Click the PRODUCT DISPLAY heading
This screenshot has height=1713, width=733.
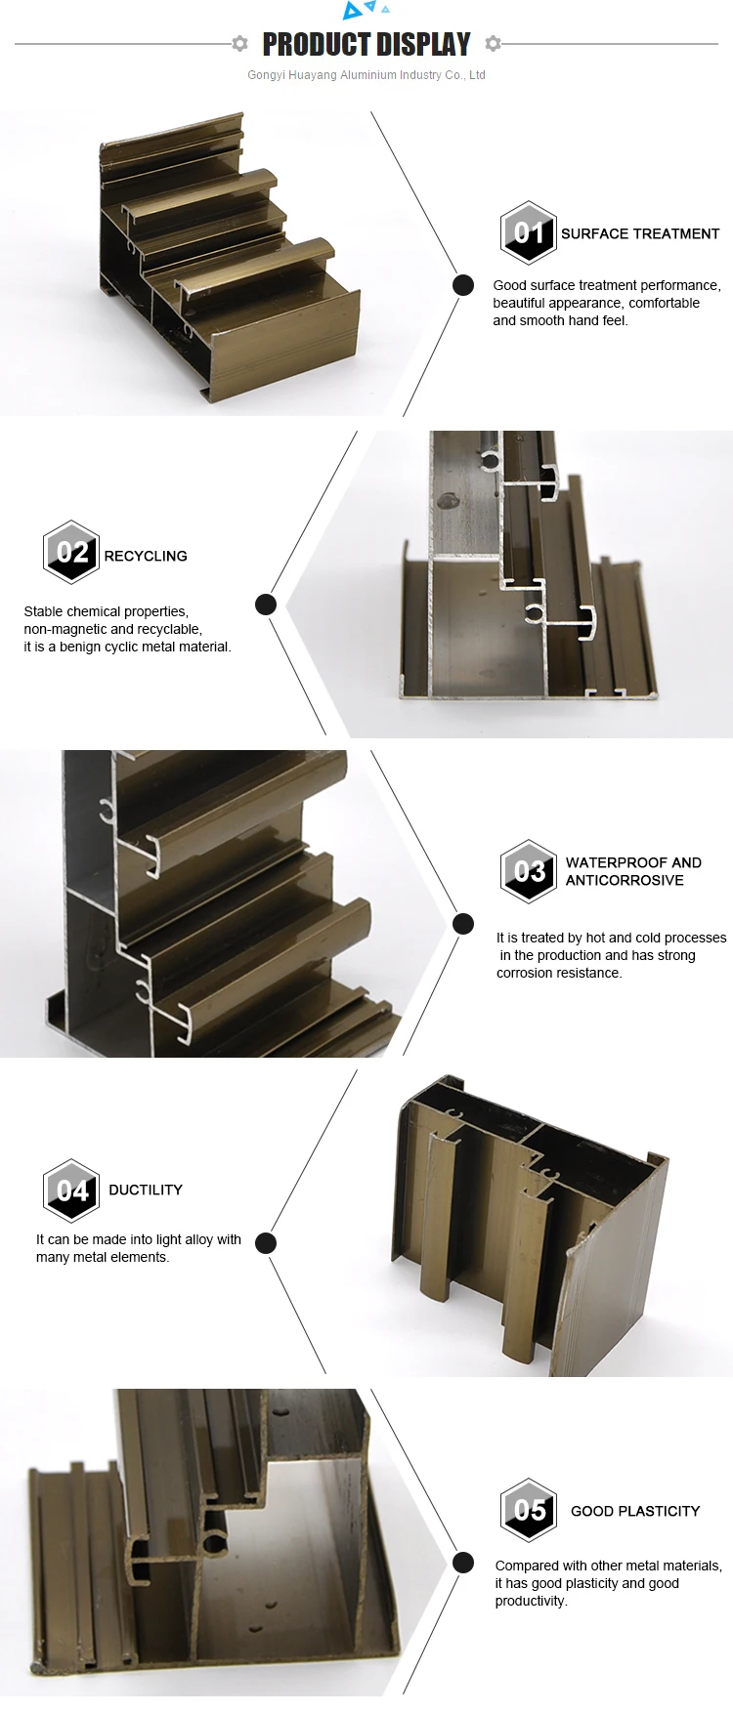point(366,44)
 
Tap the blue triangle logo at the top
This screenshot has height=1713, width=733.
point(364,10)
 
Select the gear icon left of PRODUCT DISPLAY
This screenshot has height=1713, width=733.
point(239,43)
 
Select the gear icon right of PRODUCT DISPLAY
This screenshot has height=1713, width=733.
point(494,43)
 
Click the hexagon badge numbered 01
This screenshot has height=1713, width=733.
point(528,232)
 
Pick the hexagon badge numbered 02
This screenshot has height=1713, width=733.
point(71,552)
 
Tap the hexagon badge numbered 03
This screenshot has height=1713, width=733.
point(529,870)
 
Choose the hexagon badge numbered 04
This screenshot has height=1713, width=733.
point(71,1191)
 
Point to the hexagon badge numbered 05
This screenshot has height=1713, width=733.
point(529,1510)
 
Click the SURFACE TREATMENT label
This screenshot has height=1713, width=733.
point(639,233)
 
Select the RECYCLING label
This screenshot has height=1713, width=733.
point(146,556)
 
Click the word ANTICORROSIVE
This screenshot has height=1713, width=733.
point(625,880)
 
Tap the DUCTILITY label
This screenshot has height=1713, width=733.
point(146,1190)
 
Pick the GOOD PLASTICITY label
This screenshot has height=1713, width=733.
point(635,1511)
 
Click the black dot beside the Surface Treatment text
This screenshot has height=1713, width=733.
point(463,285)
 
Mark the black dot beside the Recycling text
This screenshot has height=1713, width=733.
point(266,605)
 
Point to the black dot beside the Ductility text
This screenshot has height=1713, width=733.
point(266,1243)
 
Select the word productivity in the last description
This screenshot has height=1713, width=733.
point(531,1601)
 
